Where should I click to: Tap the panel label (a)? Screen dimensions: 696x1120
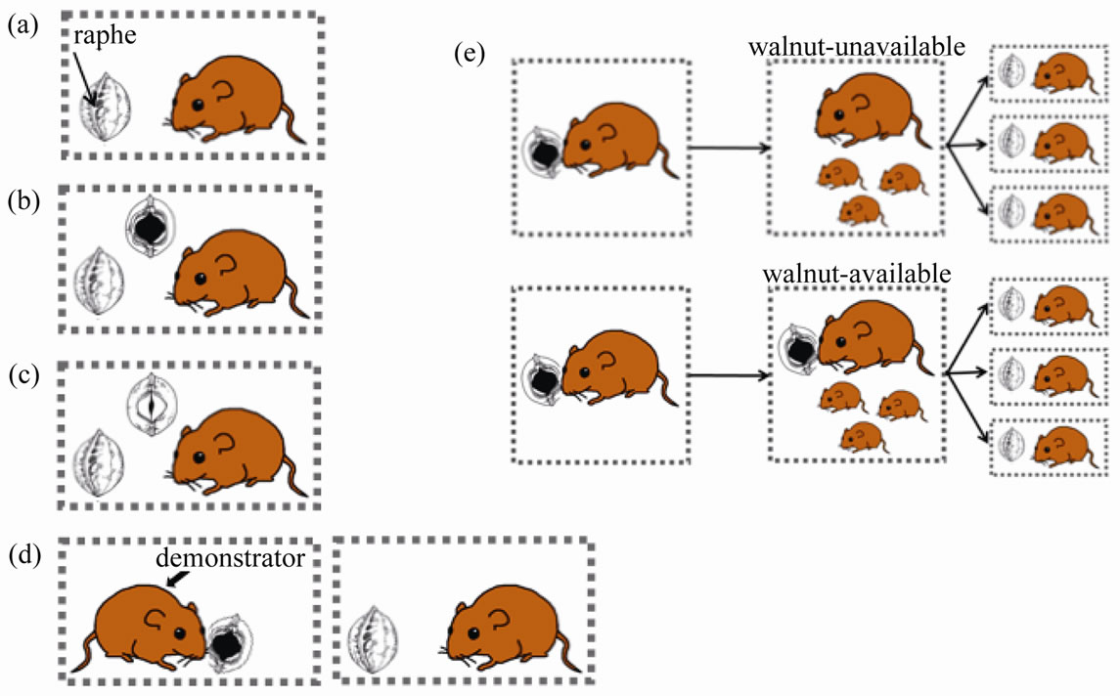(x=22, y=27)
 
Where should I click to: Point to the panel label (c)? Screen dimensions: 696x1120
(x=22, y=375)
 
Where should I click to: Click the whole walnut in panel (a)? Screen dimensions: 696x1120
(x=106, y=117)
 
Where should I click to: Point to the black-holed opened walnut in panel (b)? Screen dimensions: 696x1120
(x=150, y=228)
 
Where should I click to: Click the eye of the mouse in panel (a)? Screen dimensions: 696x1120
(x=198, y=104)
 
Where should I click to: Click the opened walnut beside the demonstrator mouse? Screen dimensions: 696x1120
(x=228, y=643)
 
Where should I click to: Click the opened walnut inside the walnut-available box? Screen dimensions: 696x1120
(x=800, y=349)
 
